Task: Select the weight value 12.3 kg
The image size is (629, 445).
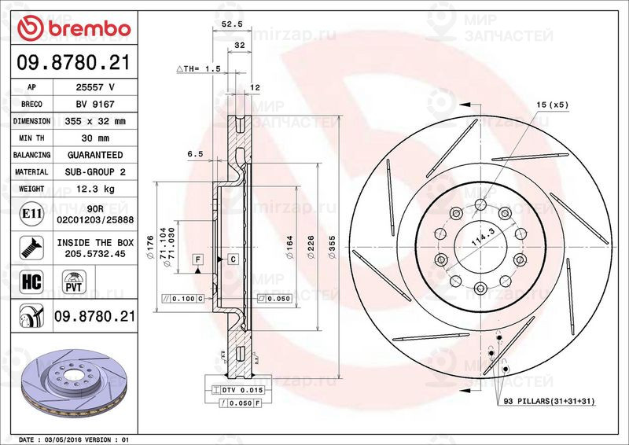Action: [x=95, y=189]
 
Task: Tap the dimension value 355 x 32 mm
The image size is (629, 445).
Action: [x=95, y=122]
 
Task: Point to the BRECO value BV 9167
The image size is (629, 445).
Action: [x=95, y=105]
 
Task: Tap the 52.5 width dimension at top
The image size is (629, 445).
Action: [x=230, y=24]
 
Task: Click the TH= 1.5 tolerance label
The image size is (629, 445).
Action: [x=197, y=69]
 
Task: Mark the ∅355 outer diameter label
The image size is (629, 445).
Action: [x=332, y=246]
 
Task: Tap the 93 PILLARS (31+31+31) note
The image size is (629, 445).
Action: [x=553, y=402]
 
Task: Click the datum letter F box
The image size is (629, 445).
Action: [x=197, y=259]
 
